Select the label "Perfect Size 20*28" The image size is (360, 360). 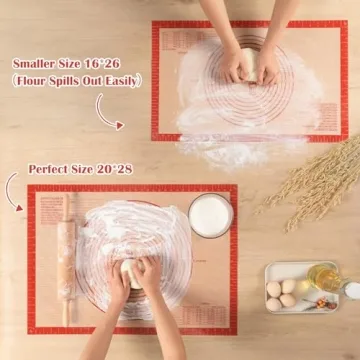(80, 169)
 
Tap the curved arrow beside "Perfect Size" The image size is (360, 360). (15, 190)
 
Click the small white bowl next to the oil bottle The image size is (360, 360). (350, 290)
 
